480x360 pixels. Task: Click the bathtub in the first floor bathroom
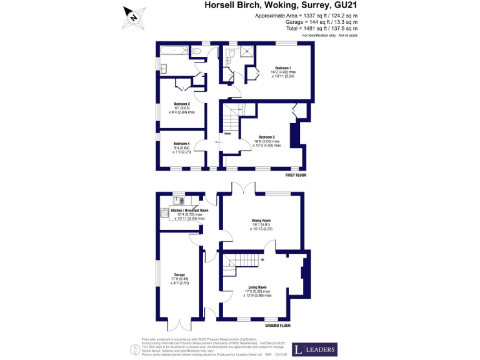point(173,49)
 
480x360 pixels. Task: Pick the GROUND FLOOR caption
point(277,326)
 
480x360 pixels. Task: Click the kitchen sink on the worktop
point(176,201)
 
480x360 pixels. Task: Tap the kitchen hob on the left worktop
point(164,212)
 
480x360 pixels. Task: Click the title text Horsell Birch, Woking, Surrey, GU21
point(282,5)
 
